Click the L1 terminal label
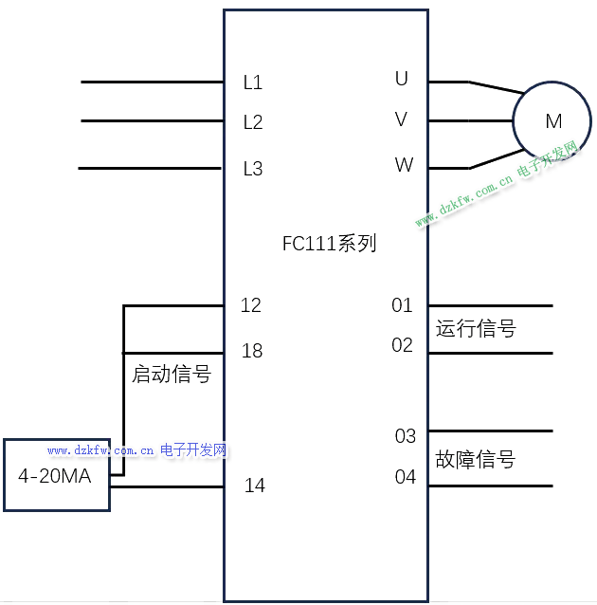click(x=252, y=82)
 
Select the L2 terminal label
click(x=252, y=122)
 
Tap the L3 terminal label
click(x=252, y=170)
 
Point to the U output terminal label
click(x=402, y=79)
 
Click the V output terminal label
click(x=402, y=119)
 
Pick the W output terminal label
click(x=404, y=165)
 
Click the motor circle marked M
click(x=552, y=121)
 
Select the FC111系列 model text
click(x=329, y=244)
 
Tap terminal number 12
click(x=251, y=305)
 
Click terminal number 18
click(x=252, y=351)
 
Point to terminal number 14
click(x=255, y=486)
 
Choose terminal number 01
click(x=403, y=305)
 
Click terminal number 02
click(x=403, y=345)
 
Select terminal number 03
click(x=406, y=436)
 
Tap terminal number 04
click(x=406, y=477)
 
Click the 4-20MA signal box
click(x=55, y=475)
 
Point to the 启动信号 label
click(x=171, y=375)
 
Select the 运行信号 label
click(x=476, y=329)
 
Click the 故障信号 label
click(x=476, y=460)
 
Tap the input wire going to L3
click(x=152, y=169)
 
